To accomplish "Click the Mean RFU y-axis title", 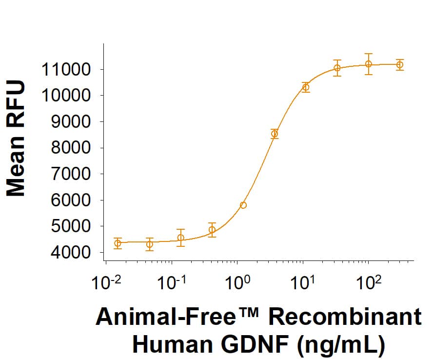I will [x=16, y=140].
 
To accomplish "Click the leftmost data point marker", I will [x=118, y=243].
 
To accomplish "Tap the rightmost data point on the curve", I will [x=400, y=64].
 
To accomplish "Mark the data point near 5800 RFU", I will [x=243, y=205].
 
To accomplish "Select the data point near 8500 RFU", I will [x=275, y=134].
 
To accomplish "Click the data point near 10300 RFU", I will [x=306, y=87].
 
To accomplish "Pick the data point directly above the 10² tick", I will [x=369, y=64].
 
